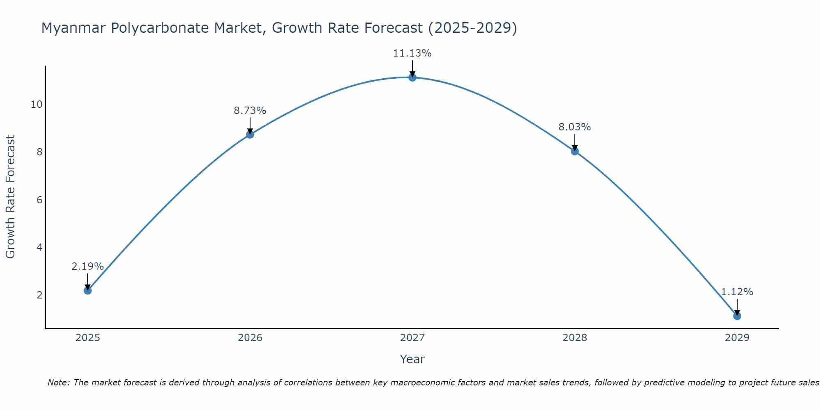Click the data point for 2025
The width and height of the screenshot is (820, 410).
pos(88,290)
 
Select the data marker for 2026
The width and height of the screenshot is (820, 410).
pos(250,134)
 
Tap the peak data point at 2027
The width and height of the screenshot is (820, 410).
pos(412,77)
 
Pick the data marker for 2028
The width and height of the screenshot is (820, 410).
pos(575,151)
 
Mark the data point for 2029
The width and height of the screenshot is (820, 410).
pos(737,316)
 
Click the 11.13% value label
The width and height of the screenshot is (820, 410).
pos(412,53)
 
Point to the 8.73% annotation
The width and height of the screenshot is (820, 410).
pos(250,111)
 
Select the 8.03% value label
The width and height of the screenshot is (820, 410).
pos(575,127)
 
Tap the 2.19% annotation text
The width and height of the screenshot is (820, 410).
pos(88,266)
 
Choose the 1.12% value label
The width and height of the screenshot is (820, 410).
pos(737,292)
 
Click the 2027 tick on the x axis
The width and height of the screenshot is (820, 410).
pos(412,338)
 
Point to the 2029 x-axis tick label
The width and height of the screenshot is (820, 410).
pos(737,338)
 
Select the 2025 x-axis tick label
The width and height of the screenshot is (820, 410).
pos(88,338)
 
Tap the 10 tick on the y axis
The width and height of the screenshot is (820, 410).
pos(36,105)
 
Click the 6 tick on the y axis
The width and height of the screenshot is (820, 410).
pos(39,200)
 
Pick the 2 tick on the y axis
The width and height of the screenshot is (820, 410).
pos(39,295)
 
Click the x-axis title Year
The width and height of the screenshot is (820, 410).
pos(412,359)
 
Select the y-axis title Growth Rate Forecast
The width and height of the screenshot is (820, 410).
pos(11,197)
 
